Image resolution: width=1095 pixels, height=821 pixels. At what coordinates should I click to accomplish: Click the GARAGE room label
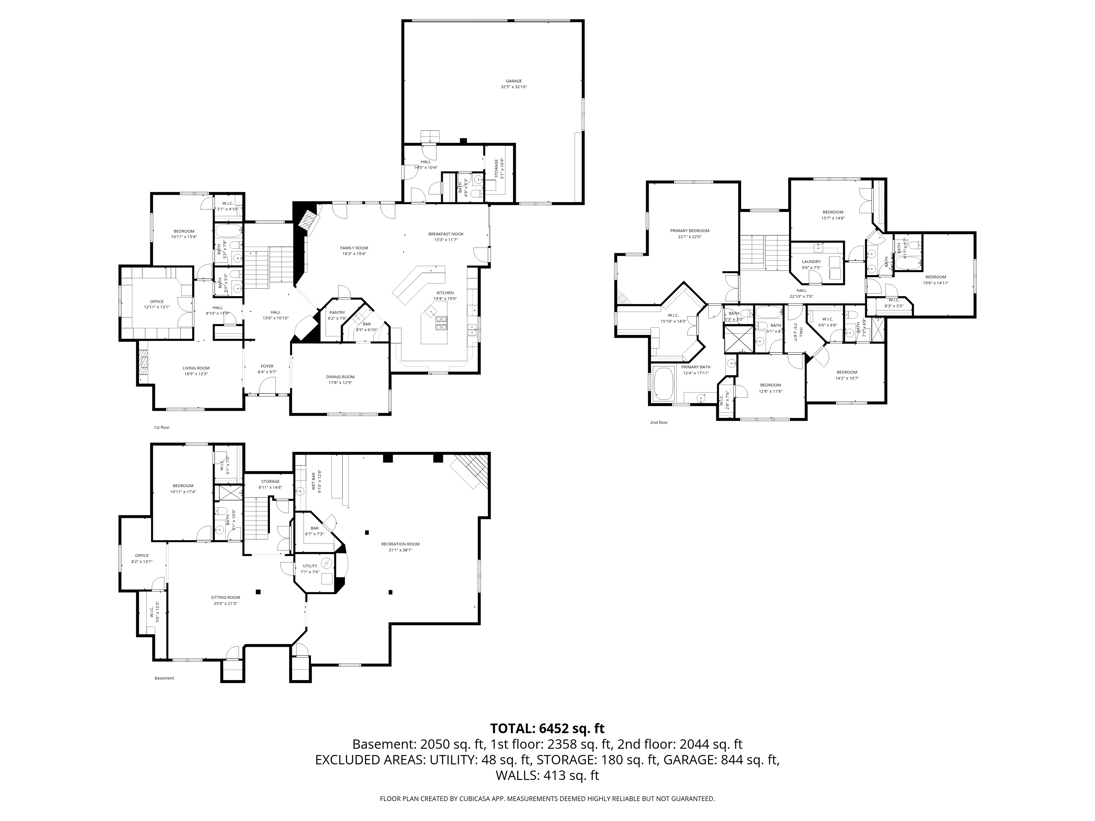click(x=514, y=81)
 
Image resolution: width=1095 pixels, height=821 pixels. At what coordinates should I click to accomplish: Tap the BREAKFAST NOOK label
click(x=445, y=234)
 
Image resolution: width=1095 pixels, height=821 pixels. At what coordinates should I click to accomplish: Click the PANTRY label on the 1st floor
click(x=337, y=313)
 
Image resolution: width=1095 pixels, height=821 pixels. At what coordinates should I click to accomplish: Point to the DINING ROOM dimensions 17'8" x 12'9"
click(x=341, y=383)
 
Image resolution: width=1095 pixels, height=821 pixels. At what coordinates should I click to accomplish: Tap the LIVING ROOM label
click(x=196, y=368)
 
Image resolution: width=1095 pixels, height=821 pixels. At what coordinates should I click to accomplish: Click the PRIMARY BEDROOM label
click(x=690, y=231)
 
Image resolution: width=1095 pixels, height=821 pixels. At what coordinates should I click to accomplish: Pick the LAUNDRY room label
click(x=811, y=262)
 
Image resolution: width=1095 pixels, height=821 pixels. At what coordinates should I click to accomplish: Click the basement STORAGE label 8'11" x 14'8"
click(x=270, y=481)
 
